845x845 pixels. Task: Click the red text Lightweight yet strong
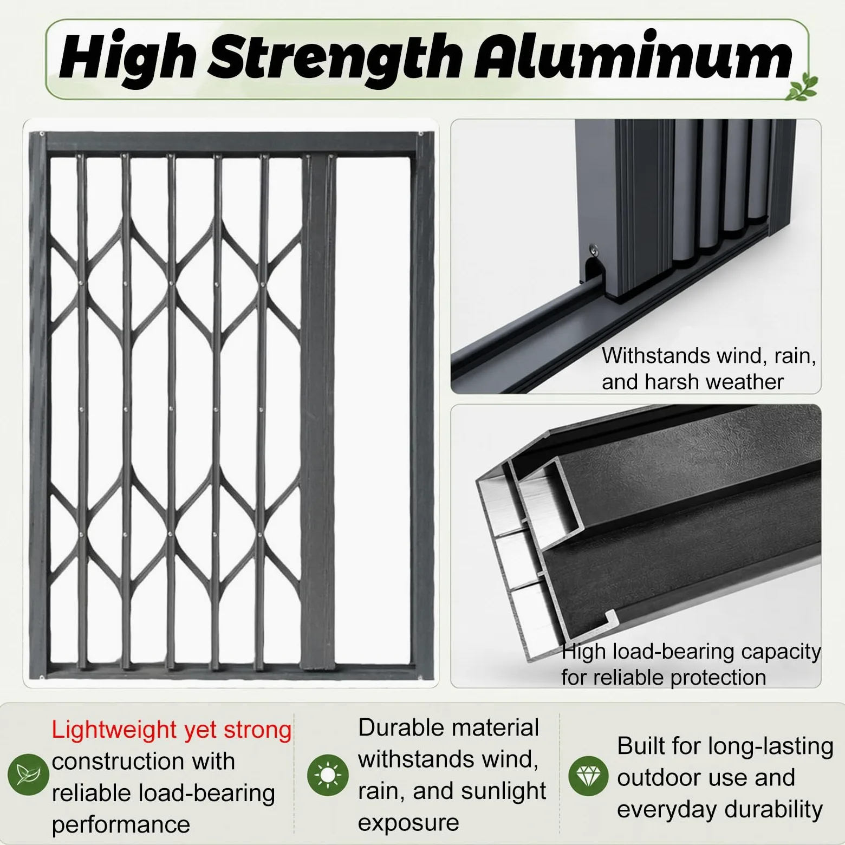click(172, 730)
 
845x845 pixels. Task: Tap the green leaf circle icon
click(28, 775)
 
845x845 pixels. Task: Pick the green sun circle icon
click(328, 775)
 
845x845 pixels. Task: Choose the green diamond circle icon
click(588, 776)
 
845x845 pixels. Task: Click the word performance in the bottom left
click(121, 825)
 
